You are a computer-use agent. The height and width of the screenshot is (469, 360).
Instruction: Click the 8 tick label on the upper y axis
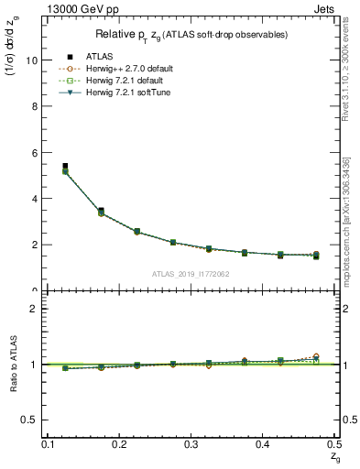(35, 106)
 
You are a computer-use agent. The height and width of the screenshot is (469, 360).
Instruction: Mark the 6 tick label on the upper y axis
(35, 152)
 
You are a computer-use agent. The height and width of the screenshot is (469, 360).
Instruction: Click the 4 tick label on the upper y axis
(35, 199)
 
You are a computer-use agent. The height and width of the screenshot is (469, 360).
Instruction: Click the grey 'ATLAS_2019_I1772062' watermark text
(191, 273)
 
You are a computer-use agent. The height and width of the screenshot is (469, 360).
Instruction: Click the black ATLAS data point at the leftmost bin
(64, 167)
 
